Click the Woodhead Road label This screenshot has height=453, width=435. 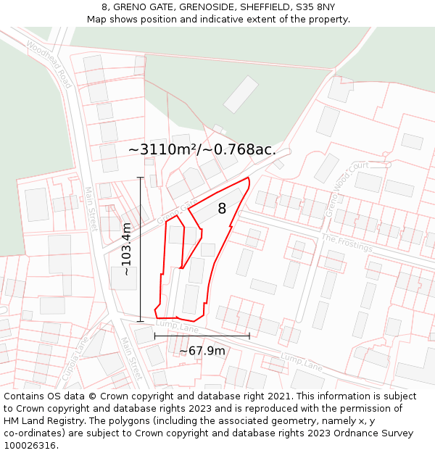point(49,64)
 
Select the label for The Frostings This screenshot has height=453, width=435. point(347,243)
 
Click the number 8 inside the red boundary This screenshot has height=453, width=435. point(222,209)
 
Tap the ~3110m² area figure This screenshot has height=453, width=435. point(163,149)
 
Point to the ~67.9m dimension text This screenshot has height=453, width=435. point(202,351)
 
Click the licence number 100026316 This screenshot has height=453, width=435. point(30,445)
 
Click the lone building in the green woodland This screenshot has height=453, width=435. point(241,95)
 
